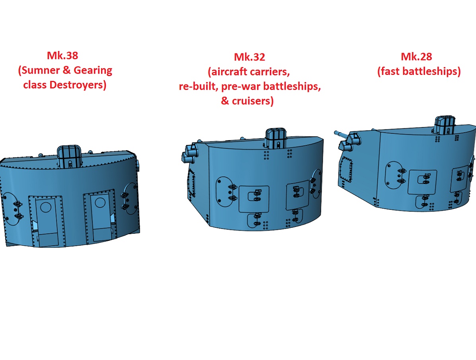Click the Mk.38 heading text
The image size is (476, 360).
(62, 56)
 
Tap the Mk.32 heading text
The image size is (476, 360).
(250, 57)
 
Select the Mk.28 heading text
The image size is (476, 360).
(416, 57)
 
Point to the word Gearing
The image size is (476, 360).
(93, 71)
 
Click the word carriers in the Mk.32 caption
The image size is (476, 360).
(269, 72)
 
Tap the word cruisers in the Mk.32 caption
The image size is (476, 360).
(253, 101)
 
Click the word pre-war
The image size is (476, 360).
(241, 86)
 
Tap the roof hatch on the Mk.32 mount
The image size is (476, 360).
(276, 138)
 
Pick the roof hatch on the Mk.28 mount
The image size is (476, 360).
(445, 125)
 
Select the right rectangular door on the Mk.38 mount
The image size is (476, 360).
(100, 216)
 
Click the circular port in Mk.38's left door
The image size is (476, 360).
(46, 207)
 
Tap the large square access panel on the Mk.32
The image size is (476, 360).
(254, 199)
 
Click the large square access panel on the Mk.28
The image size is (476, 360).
(422, 182)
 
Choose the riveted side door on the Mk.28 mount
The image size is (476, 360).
(346, 170)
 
